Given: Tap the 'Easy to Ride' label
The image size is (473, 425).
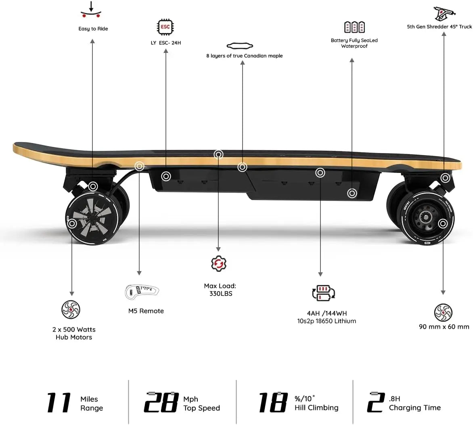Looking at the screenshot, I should pyautogui.click(x=93, y=29).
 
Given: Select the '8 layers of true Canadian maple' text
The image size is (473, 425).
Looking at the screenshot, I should pyautogui.click(x=244, y=56).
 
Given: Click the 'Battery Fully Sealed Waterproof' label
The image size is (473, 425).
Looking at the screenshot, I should pyautogui.click(x=354, y=43).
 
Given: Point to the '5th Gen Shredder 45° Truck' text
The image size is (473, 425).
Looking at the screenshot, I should pyautogui.click(x=439, y=27).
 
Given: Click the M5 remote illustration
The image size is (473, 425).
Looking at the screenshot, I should pyautogui.click(x=142, y=290).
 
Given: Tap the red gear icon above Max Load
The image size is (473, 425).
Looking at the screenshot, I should pyautogui.click(x=219, y=263).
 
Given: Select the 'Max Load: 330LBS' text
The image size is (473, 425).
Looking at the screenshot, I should pyautogui.click(x=220, y=290).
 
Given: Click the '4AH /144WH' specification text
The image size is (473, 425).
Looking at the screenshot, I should pyautogui.click(x=326, y=313).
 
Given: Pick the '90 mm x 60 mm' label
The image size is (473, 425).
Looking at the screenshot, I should pyautogui.click(x=444, y=326).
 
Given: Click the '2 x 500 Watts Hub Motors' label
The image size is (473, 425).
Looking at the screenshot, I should pyautogui.click(x=74, y=333).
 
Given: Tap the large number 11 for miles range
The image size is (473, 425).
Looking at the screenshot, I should pyautogui.click(x=59, y=402).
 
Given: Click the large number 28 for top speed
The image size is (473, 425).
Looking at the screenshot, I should pyautogui.click(x=161, y=402).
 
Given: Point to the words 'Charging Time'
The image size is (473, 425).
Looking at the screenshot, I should pyautogui.click(x=414, y=408).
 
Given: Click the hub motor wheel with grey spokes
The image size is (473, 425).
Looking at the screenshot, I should pyautogui.click(x=91, y=221).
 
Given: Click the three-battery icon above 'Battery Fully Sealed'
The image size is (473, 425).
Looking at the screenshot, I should pyautogui.click(x=354, y=27).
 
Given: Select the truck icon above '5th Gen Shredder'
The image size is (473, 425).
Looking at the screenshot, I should pyautogui.click(x=444, y=14).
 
